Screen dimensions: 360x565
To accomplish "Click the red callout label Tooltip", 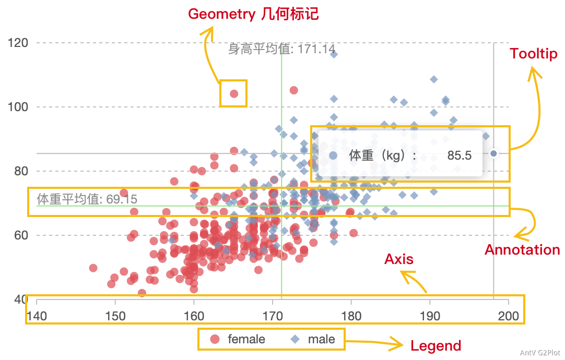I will [x=533, y=53].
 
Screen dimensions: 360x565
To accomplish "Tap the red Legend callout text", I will [x=435, y=345].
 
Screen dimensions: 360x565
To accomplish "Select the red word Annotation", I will [x=522, y=249].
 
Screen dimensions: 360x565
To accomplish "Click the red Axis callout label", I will [x=398, y=259].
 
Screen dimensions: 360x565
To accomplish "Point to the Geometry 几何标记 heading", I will [x=253, y=14].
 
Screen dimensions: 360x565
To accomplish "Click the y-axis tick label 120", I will [x=19, y=42].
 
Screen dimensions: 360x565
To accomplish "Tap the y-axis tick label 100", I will [x=19, y=107].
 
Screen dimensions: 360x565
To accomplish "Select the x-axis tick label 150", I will [x=115, y=316].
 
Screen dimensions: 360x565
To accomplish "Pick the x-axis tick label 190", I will [x=430, y=316].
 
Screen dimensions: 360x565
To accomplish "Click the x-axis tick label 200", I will [x=508, y=316].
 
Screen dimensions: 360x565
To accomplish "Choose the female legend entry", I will [x=238, y=339].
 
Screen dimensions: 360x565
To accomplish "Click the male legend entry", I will [x=313, y=339].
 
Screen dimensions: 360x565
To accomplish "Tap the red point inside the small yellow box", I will [x=234, y=94].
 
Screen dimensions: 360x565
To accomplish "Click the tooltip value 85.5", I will [x=460, y=155].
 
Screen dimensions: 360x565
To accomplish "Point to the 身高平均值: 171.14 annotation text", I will [x=281, y=49].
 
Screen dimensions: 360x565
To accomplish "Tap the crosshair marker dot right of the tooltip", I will [x=493, y=153].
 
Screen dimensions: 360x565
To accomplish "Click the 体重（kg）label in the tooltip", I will [x=381, y=155].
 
